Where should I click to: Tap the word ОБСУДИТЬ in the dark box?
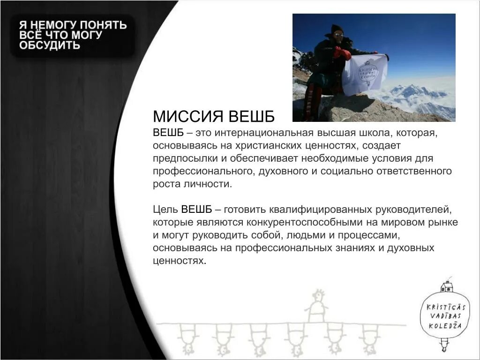[x=50, y=45]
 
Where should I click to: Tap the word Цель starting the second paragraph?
[x=165, y=209]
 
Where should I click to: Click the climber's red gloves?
[x=343, y=53]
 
